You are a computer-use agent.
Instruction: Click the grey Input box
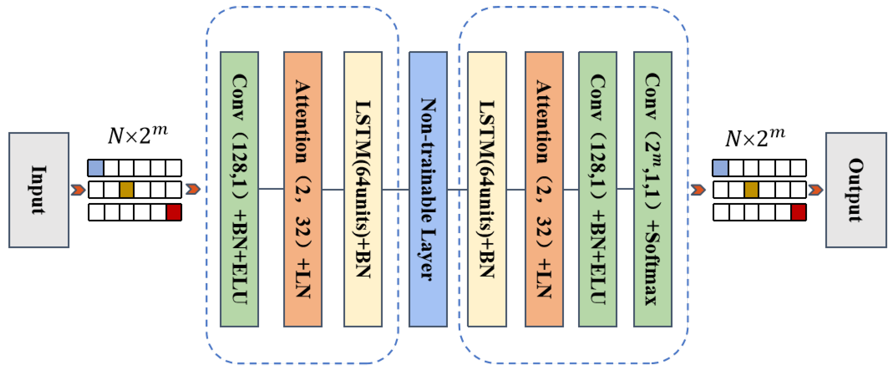39,190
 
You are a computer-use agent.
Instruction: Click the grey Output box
856,190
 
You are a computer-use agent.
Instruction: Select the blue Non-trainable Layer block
428,189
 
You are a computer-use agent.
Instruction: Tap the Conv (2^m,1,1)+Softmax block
652,189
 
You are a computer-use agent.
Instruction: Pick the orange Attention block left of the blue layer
303,189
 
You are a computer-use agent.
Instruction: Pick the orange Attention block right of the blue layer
544,189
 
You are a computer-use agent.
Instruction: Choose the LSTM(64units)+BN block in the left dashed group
363,189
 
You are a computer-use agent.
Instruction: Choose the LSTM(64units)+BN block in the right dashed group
487,189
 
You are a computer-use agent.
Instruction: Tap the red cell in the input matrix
174,212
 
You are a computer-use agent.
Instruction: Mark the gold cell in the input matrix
126,190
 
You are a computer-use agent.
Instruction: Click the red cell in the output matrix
798,212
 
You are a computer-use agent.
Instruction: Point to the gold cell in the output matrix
751,190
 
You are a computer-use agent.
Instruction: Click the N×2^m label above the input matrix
137,135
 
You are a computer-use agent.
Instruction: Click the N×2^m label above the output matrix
755,137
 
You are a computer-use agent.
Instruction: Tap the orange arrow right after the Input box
78,190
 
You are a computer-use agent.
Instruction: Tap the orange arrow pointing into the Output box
816,190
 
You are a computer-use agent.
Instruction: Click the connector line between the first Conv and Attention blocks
271,189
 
